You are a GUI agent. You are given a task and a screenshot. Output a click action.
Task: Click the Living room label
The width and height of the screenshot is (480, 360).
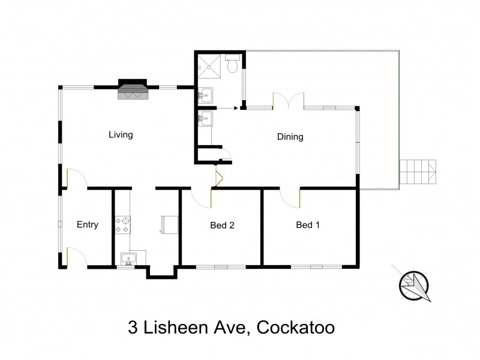(120, 134)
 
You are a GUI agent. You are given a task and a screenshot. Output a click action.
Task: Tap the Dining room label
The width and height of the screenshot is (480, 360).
(290, 137)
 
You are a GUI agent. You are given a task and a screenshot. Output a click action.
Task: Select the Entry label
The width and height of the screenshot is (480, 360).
(87, 225)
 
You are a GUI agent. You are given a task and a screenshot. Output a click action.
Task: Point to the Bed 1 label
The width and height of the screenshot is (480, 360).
(308, 225)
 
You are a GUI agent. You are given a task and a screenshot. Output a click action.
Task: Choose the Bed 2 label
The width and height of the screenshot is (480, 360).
(221, 226)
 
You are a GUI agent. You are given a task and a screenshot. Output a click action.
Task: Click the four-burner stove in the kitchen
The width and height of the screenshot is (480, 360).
(123, 224)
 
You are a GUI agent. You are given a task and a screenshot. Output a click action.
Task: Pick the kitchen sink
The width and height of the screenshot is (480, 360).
(128, 259)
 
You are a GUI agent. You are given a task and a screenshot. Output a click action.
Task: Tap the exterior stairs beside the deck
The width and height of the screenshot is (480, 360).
(418, 172)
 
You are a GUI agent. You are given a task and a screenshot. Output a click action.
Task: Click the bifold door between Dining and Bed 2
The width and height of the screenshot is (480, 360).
(219, 178)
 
